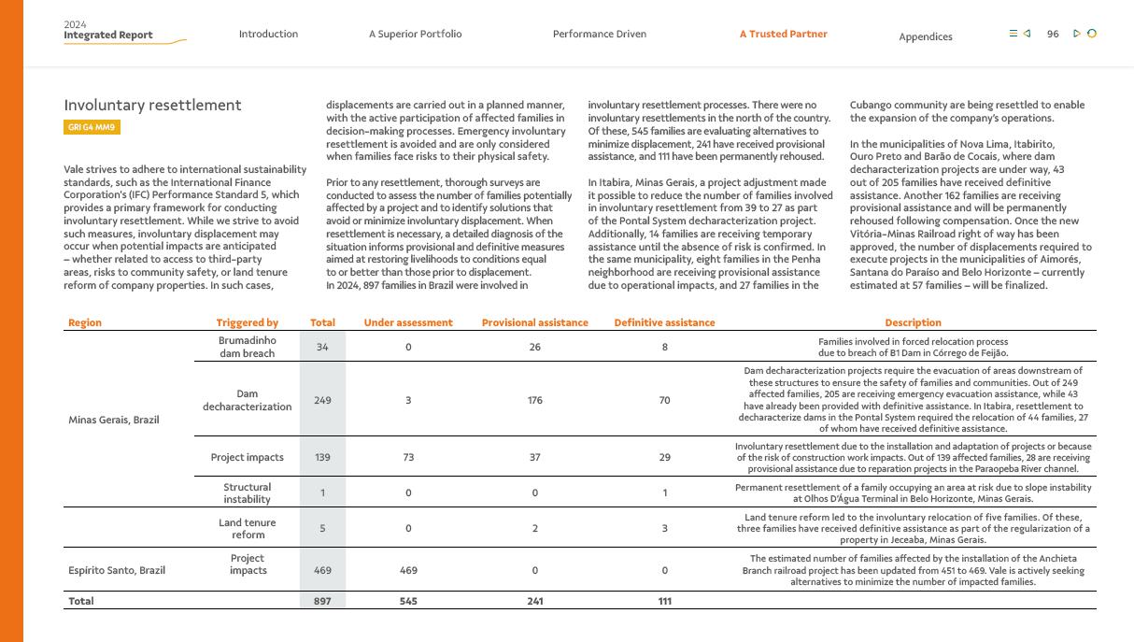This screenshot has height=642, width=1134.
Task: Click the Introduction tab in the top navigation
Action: [x=268, y=35]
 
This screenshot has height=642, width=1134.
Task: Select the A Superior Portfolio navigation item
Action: [x=415, y=35]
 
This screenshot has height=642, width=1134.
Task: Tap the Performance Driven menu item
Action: [x=599, y=35]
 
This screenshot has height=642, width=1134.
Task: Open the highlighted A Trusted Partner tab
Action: [x=783, y=35]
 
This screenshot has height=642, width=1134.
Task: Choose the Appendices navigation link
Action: [x=925, y=37]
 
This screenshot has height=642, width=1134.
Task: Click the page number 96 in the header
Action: [x=1053, y=35]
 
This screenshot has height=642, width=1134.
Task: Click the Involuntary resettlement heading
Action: [x=152, y=106]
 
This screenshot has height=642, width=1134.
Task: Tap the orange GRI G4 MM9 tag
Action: [x=92, y=127]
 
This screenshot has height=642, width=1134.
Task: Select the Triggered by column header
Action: [x=247, y=323]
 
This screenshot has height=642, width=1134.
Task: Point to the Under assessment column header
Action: [x=407, y=323]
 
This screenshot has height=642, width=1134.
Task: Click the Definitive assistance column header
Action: [x=664, y=323]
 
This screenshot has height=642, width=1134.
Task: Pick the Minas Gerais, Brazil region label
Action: [x=113, y=421]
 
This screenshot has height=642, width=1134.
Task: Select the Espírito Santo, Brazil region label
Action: [x=116, y=571]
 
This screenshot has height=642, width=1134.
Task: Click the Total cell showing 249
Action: [x=322, y=401]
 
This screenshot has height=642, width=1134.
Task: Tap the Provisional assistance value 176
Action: [x=534, y=401]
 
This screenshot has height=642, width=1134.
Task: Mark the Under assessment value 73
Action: [x=407, y=458]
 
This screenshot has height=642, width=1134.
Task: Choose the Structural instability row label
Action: [x=247, y=493]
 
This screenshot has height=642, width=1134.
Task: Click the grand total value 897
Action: [x=322, y=602]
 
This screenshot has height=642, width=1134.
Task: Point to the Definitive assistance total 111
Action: [x=664, y=602]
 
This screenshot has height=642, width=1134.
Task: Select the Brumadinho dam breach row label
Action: [x=247, y=348]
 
